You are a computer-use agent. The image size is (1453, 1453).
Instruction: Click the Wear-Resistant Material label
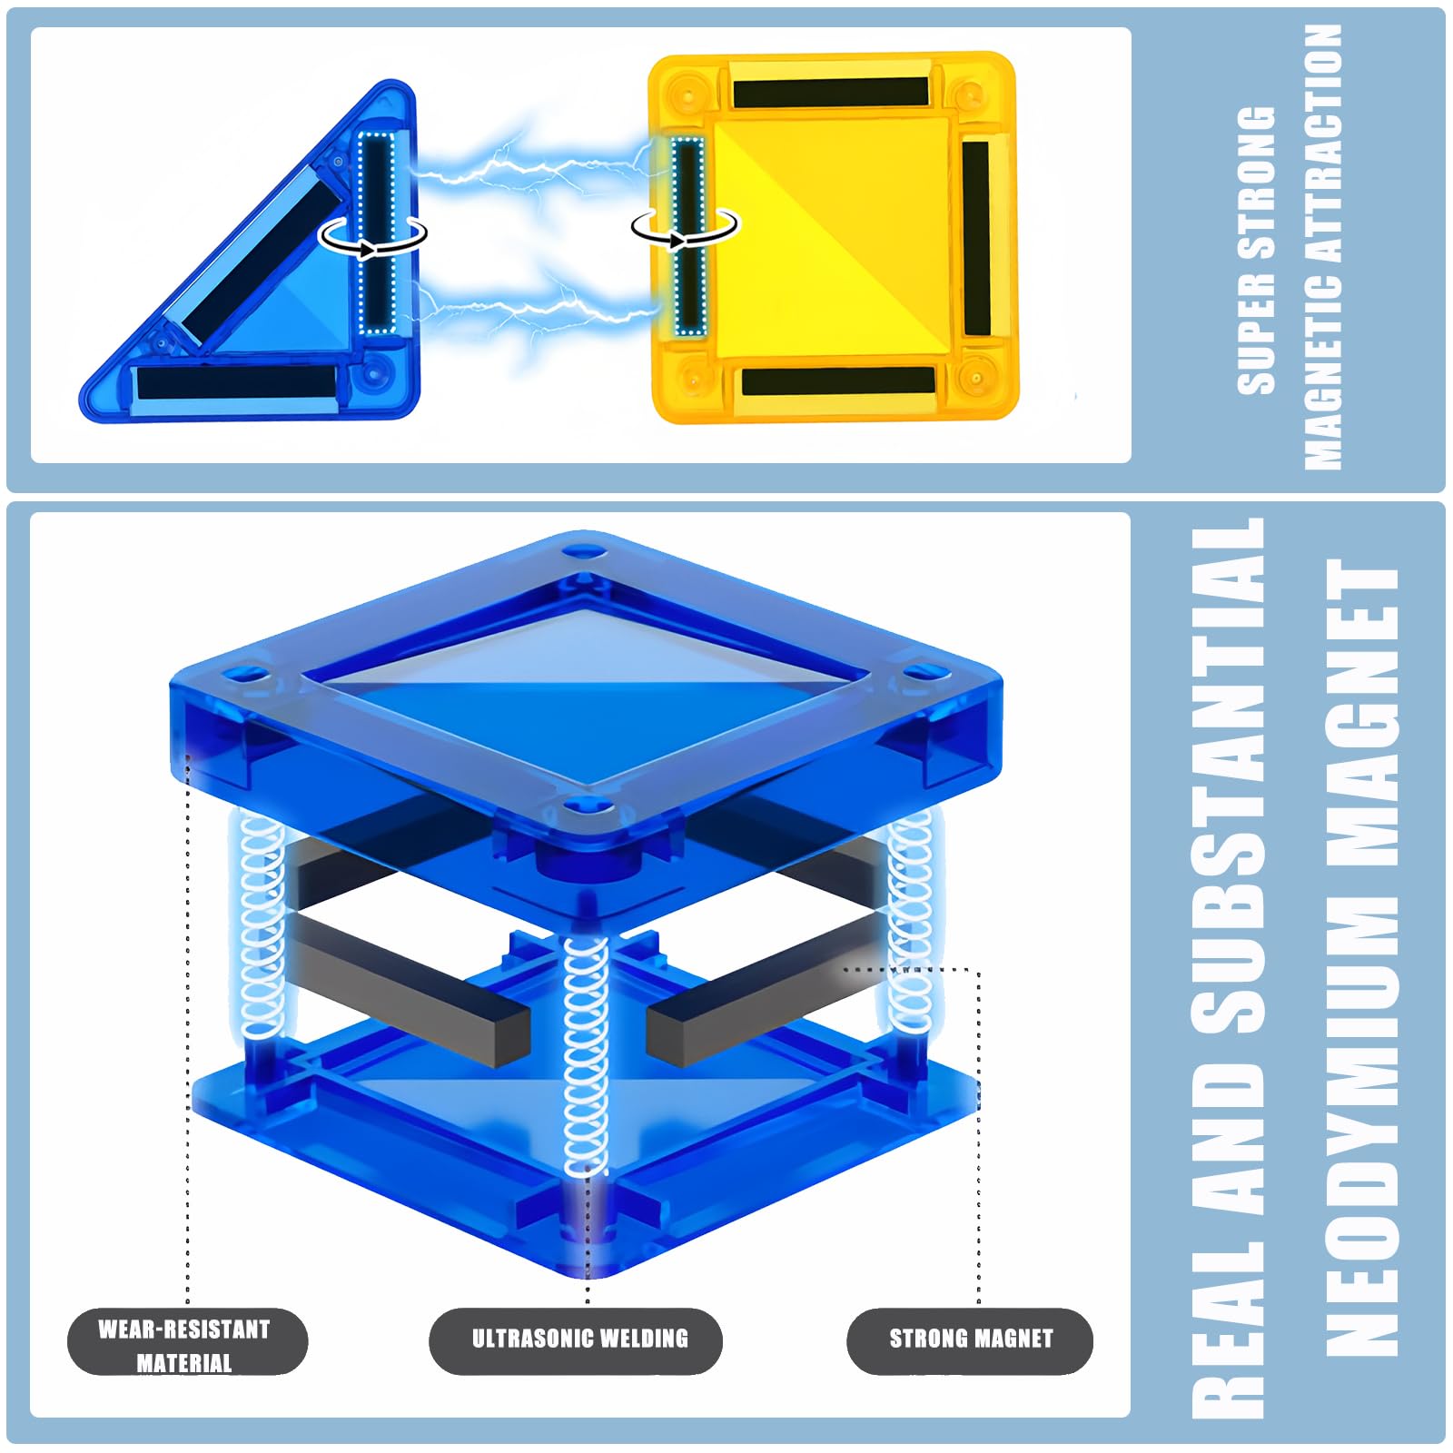[x=187, y=1341]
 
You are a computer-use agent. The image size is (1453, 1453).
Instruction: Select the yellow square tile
[x=833, y=237]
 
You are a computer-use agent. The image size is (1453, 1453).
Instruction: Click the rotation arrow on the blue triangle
[x=372, y=235]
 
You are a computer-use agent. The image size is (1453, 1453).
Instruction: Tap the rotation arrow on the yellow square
[x=686, y=227]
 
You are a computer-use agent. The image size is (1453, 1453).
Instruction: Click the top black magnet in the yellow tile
[x=831, y=92]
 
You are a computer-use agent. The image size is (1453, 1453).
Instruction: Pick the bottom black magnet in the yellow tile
[x=838, y=381]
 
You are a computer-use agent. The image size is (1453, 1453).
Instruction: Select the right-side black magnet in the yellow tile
[x=976, y=237]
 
